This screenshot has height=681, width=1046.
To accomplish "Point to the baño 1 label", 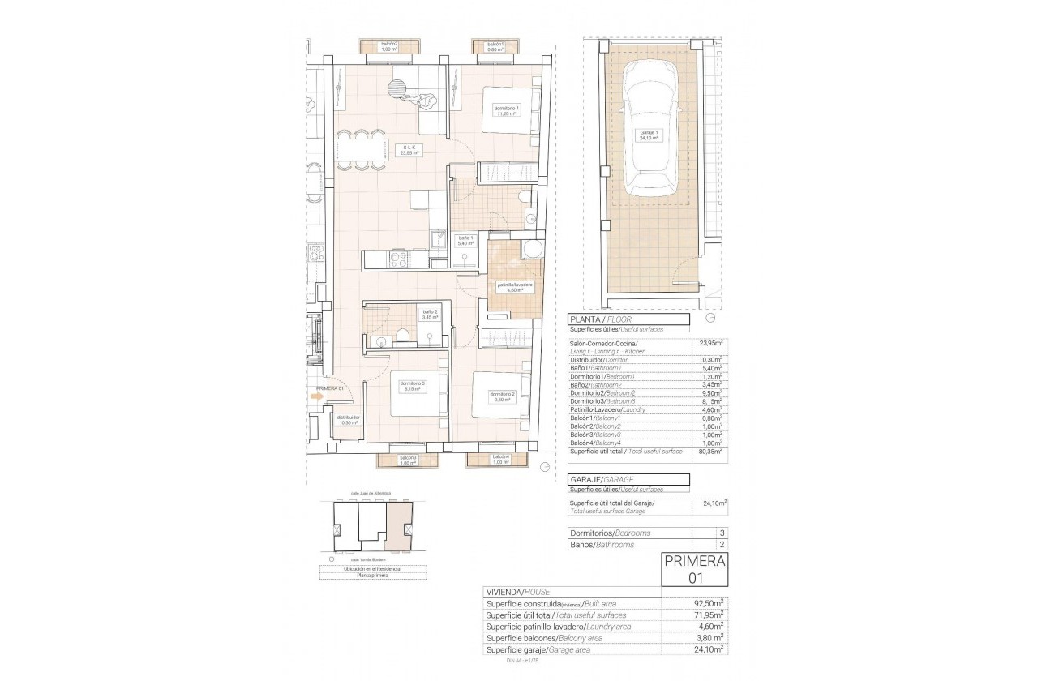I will pyautogui.click(x=465, y=240).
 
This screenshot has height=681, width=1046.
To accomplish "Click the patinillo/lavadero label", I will pyautogui.click(x=515, y=288).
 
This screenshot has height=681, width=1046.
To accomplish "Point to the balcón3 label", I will pyautogui.click(x=408, y=460).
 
